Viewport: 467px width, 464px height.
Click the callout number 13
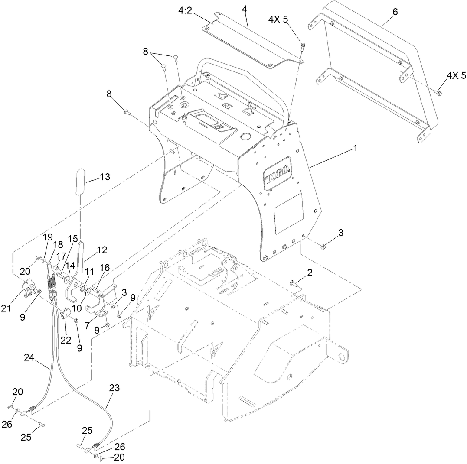pos(105,177)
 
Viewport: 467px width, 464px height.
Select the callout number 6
pos(395,12)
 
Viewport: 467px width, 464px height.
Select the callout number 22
pos(65,341)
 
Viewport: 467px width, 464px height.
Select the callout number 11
pos(89,271)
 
